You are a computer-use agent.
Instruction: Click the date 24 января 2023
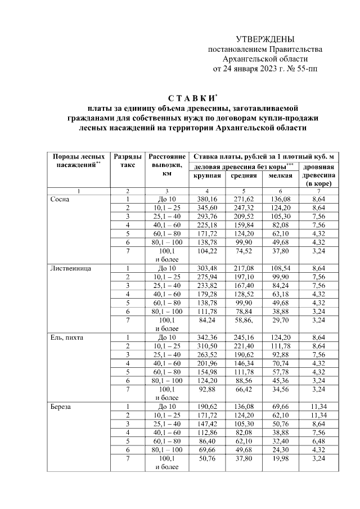point(249,69)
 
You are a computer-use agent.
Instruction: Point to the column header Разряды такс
point(127,160)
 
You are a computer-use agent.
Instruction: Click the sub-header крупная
point(207,176)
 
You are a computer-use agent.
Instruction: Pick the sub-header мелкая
point(280,176)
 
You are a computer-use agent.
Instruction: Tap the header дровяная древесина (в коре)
point(319,175)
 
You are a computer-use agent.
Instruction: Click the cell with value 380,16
point(207,199)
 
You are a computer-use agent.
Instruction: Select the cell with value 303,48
point(207,268)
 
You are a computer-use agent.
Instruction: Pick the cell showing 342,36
point(207,337)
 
